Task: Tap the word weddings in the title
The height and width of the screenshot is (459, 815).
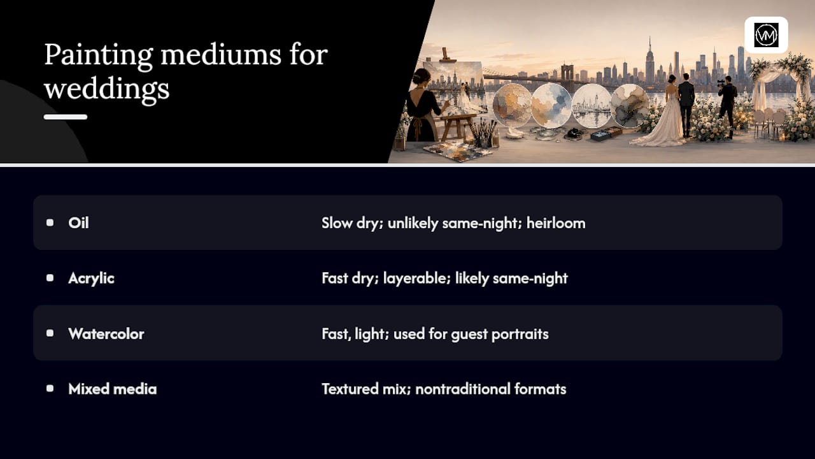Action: [107, 89]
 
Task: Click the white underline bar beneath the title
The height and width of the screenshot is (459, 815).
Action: [66, 117]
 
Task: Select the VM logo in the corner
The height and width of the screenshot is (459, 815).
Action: [766, 35]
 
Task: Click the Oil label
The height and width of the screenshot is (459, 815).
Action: [78, 223]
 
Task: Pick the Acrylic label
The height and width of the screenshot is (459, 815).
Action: [91, 279]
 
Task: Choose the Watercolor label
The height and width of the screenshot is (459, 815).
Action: [106, 333]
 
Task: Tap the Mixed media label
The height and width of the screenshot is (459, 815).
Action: [113, 389]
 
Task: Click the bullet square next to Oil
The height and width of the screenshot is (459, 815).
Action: [50, 222]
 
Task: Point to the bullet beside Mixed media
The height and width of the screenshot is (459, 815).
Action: [50, 389]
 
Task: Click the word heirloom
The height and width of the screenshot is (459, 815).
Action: [556, 223]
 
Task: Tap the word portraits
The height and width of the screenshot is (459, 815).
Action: [520, 334]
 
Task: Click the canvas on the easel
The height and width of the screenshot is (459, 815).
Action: [455, 87]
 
